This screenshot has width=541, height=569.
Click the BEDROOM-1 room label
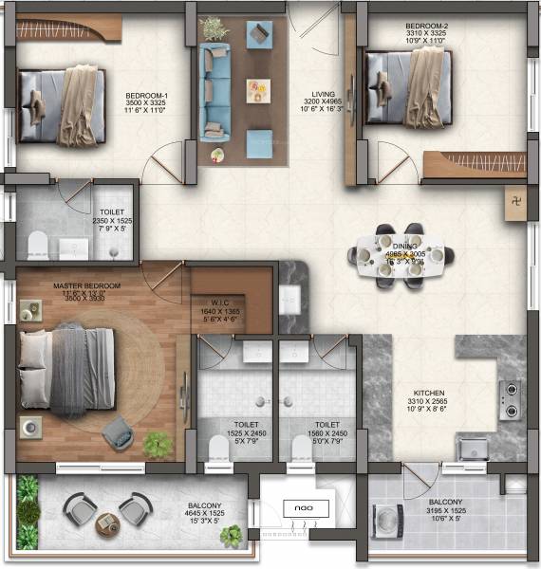pos(147,96)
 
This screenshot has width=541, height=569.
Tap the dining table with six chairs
pos(400,257)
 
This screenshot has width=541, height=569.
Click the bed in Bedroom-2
pos(409,84)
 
